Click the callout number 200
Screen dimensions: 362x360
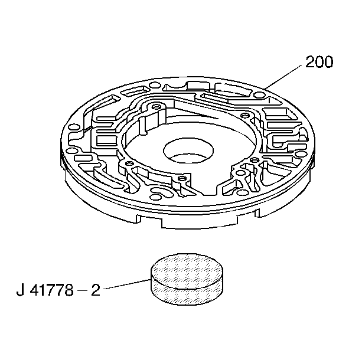(x=319, y=61)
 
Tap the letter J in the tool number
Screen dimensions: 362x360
(x=21, y=290)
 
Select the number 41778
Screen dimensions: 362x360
(x=51, y=290)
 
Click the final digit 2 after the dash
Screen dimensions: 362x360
(x=96, y=290)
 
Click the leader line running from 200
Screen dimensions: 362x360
(x=283, y=77)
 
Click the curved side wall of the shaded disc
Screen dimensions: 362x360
(x=187, y=295)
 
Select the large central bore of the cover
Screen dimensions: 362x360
(x=188, y=150)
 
